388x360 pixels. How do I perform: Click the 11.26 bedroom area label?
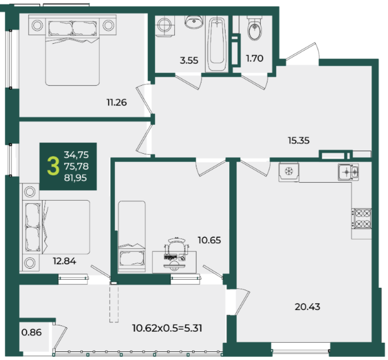117,102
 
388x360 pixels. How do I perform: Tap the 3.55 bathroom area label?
189,61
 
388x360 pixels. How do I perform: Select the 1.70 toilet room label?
255,58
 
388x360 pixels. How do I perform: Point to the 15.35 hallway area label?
298,140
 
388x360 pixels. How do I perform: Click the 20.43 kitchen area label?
308,307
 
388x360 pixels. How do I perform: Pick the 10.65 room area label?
209,240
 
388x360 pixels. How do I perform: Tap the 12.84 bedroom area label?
65,261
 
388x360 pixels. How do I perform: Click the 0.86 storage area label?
32,332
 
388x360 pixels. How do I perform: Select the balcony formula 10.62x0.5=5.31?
167,328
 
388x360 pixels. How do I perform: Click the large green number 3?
53,166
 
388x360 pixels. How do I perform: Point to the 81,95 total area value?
75,178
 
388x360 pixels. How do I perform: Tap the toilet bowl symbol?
255,28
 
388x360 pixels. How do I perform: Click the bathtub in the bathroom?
217,44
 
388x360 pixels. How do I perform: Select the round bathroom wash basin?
194,22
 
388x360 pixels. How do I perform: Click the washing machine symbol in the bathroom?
165,26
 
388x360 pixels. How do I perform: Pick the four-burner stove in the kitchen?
362,219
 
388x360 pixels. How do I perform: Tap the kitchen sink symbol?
348,172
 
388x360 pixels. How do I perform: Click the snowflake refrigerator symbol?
289,172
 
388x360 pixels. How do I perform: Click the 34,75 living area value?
76,155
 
